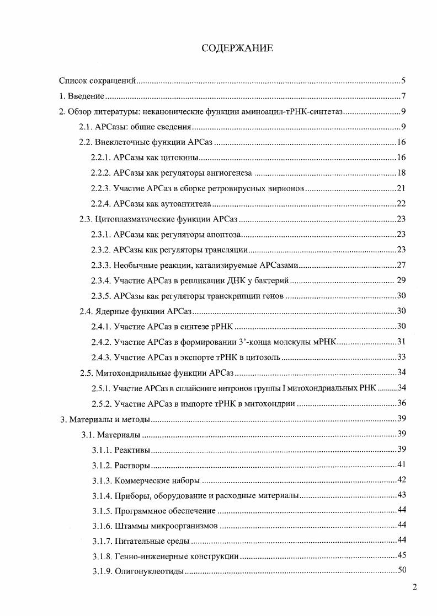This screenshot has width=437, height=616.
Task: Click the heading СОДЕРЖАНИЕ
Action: coord(237,48)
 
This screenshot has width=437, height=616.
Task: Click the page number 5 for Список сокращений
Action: coord(404,81)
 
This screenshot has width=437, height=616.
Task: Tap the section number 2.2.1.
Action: coord(101,158)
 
